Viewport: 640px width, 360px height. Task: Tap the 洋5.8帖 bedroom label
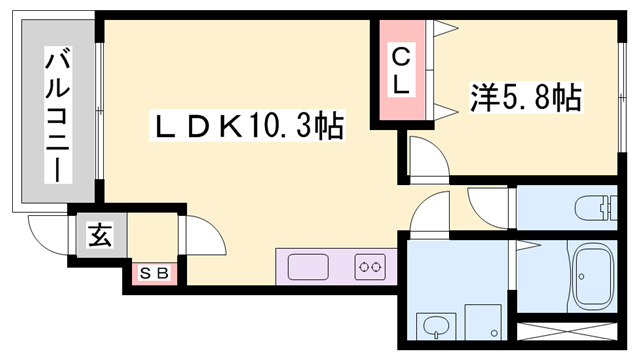coord(526,98)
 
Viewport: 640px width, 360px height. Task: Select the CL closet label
coord(400,71)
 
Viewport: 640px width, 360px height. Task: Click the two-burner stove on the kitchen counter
coord(369,267)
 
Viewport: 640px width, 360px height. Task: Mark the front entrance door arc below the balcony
coord(46,235)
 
